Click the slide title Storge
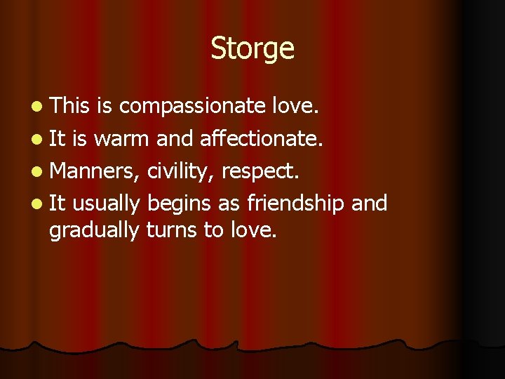coord(252,49)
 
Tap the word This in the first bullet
coord(69,106)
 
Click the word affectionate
coord(261,139)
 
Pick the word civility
coord(180,171)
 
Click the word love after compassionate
coord(295,106)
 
